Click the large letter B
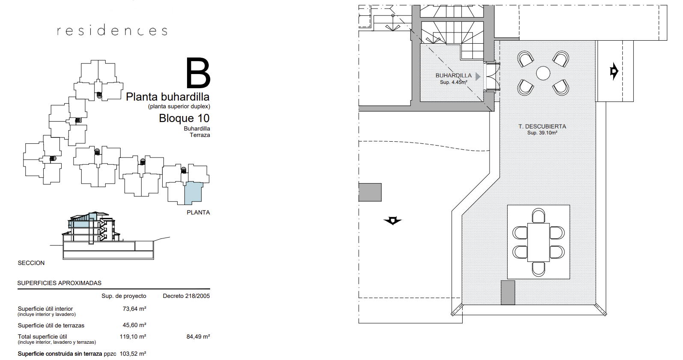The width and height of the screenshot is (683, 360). (x=198, y=73)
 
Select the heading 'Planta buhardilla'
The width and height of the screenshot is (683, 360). (x=168, y=97)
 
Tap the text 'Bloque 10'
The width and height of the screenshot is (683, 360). (x=184, y=118)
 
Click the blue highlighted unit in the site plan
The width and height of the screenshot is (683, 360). (x=193, y=193)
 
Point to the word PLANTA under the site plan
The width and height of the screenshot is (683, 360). (x=198, y=212)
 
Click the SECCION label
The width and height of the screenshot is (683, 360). (x=31, y=263)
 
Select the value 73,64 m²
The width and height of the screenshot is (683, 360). (x=134, y=309)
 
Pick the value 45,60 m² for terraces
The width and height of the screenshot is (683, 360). (x=134, y=325)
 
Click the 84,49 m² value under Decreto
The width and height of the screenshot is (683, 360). (x=198, y=336)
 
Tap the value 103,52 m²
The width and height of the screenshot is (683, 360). (x=133, y=354)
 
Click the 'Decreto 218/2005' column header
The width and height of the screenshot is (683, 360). (x=186, y=296)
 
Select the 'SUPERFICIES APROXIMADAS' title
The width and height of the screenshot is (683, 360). (x=59, y=283)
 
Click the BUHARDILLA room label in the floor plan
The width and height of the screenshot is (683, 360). (x=453, y=75)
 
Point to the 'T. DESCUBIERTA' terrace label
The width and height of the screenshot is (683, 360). (x=542, y=126)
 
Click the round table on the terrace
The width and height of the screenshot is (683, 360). (x=543, y=73)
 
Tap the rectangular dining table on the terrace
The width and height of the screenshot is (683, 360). (x=538, y=242)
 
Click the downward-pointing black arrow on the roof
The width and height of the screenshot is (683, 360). (x=393, y=220)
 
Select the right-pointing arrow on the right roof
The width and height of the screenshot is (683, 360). (x=614, y=71)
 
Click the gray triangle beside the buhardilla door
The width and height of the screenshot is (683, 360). (x=478, y=77)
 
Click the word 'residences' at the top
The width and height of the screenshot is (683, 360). (x=112, y=30)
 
